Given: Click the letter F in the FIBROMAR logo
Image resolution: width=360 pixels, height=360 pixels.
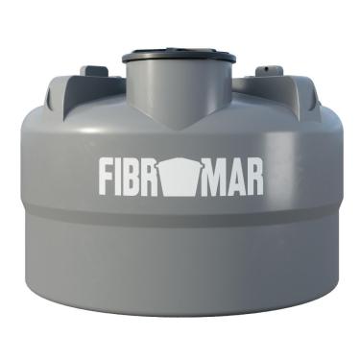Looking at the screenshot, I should point(108,177).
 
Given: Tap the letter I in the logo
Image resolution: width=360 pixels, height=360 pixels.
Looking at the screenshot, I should point(125,177).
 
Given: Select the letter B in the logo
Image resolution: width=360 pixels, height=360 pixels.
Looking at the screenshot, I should point(140,177).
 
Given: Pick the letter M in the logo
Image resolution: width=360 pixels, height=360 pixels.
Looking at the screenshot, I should point(212,177).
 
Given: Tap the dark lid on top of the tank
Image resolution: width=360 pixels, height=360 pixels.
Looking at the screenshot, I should point(180,54).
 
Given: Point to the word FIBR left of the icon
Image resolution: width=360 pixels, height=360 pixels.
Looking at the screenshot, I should point(133,177).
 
